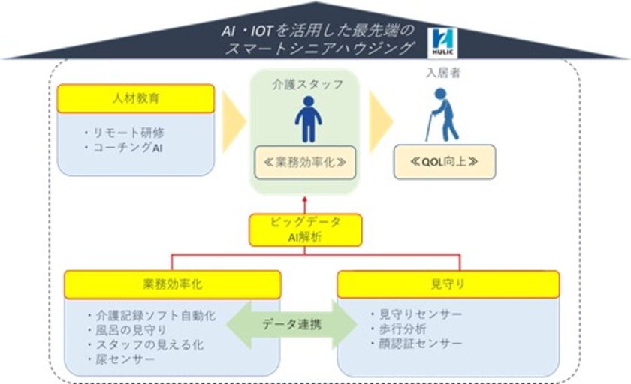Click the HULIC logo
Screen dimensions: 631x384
[x=442, y=43]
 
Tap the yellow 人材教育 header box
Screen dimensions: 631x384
[x=136, y=98]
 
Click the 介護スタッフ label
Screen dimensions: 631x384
[x=308, y=84]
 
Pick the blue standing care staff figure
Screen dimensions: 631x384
[x=308, y=119]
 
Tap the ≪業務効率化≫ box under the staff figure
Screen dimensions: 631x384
[x=305, y=163]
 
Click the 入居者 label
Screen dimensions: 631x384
[x=443, y=73]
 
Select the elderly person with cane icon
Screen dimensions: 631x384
[x=442, y=115]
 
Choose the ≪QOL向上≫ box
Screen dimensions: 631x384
[x=445, y=162]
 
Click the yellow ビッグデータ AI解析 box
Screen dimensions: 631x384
[x=306, y=229]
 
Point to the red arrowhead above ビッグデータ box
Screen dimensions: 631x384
[x=305, y=199]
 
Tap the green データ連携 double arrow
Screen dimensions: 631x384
[x=291, y=324]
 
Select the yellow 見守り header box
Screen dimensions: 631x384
[x=448, y=284]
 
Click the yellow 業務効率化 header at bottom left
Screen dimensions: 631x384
[x=173, y=284]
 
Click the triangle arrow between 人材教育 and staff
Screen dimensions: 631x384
[x=234, y=121]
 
